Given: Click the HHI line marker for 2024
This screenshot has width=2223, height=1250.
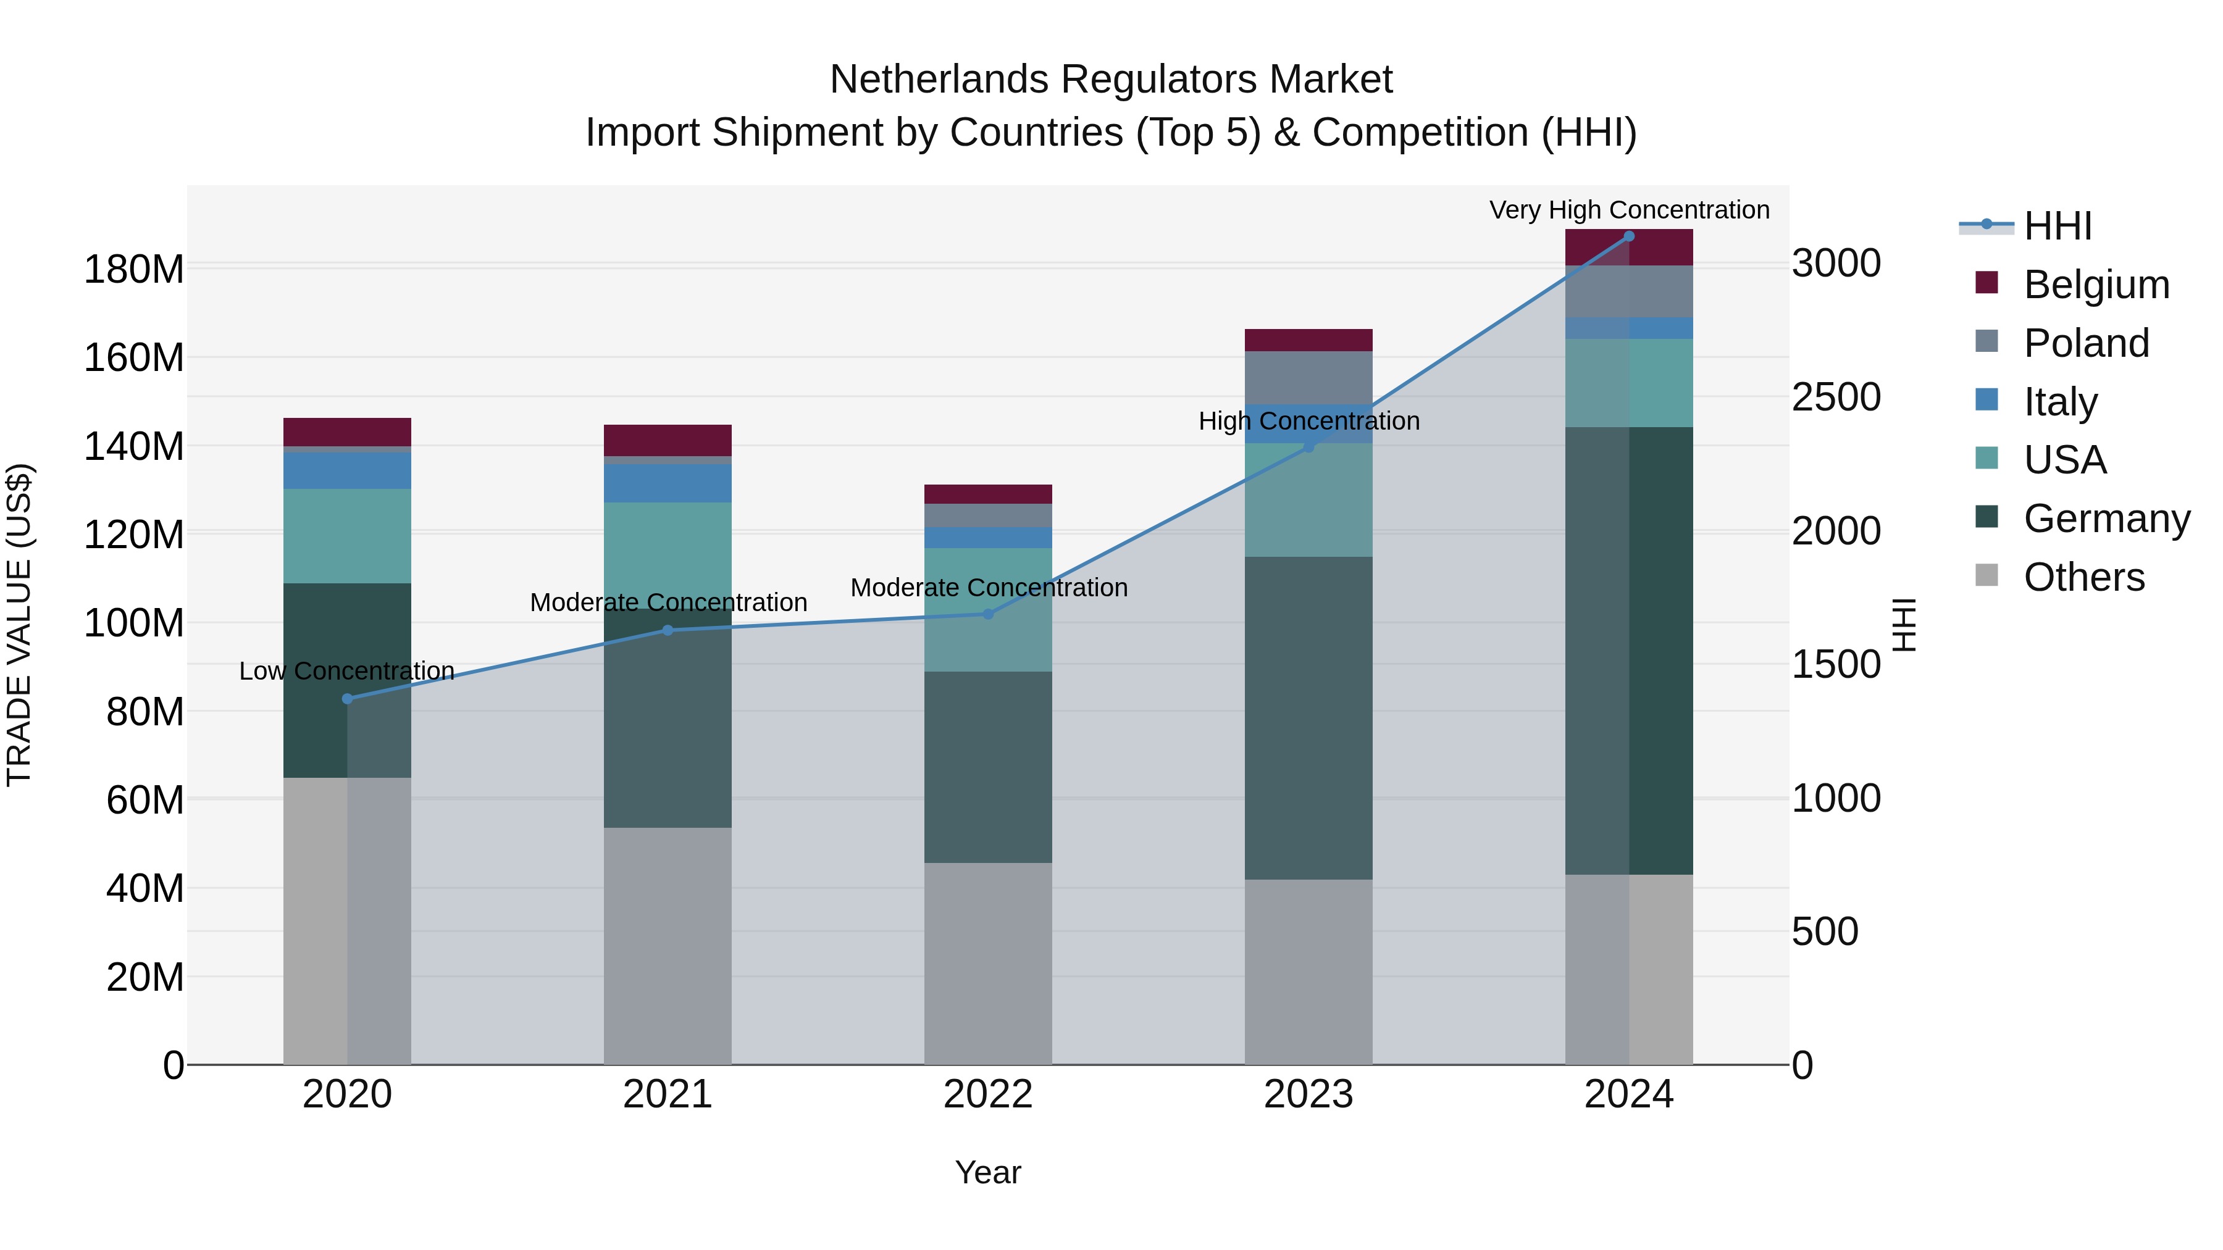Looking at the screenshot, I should (1628, 236).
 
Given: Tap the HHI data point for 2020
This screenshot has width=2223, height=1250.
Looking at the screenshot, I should (348, 699).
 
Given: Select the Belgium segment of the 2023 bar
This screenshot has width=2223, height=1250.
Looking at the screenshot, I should (1308, 340).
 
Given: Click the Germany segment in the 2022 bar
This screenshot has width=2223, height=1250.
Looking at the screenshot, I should (988, 767).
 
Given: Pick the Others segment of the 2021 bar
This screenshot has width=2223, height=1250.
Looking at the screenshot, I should (667, 946).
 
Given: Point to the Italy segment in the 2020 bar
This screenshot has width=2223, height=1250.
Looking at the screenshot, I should (347, 470).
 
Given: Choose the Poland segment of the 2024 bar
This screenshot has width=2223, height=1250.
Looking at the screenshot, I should (1628, 291).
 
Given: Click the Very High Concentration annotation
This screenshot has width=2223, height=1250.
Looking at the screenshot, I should (1628, 210).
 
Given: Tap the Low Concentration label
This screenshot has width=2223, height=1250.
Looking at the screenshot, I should (347, 670).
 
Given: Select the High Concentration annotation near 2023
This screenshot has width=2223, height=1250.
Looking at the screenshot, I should (1308, 421).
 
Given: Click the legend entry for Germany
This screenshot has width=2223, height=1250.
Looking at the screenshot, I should (2106, 519).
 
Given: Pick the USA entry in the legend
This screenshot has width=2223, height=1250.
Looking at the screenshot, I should (2064, 460).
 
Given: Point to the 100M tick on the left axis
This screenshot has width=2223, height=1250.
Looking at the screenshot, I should (134, 623).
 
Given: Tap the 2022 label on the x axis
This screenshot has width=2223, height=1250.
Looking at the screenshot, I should (988, 1094).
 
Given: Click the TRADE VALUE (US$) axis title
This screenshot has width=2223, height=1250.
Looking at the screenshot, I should (19, 625).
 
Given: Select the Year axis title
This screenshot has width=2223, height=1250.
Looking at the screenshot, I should (988, 1172).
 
